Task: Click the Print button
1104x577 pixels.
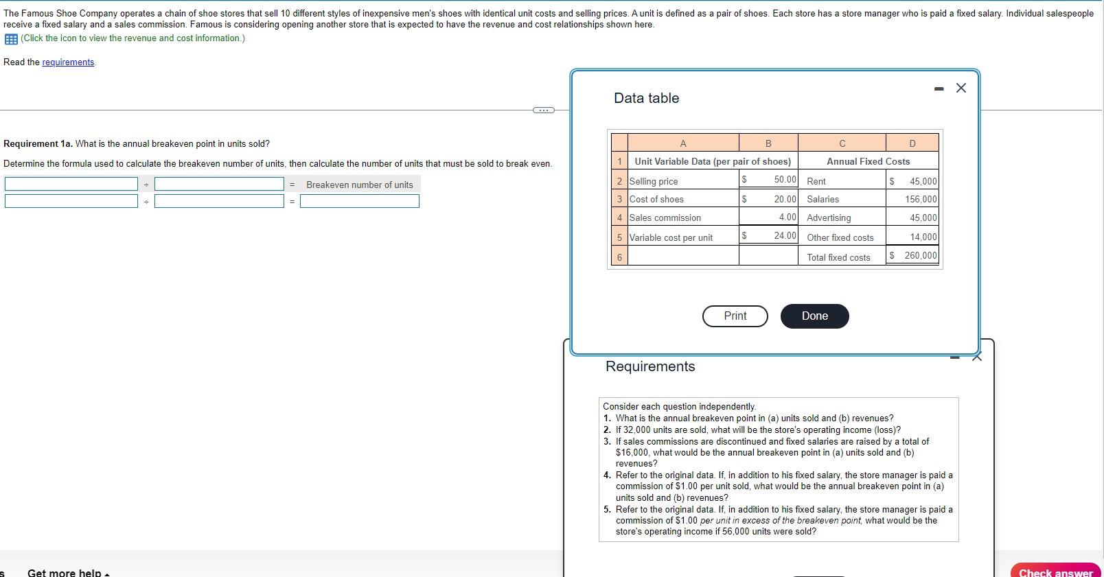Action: [735, 316]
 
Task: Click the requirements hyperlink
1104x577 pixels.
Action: [68, 62]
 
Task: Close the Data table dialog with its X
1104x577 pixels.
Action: [961, 88]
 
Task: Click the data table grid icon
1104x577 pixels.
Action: [11, 38]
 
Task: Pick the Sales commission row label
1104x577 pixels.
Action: [665, 217]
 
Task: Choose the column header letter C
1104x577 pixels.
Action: [842, 143]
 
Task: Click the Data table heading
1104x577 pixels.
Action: [646, 98]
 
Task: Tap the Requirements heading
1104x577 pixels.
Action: [650, 366]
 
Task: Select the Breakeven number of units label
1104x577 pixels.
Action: [360, 185]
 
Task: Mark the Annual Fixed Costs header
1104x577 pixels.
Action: [868, 161]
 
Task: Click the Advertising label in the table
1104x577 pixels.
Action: [829, 217]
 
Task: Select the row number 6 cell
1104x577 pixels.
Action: [619, 257]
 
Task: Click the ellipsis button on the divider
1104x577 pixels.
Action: [542, 110]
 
